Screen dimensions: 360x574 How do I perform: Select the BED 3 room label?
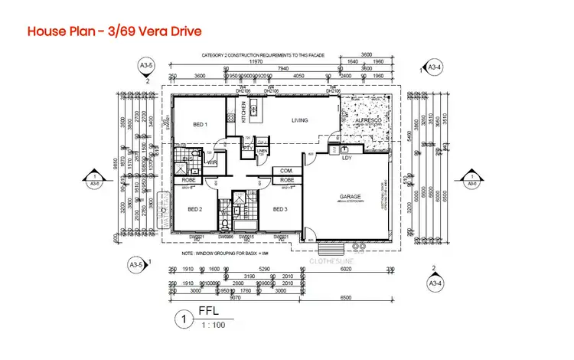pyautogui.click(x=280, y=209)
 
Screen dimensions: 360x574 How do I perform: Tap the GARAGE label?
pyautogui.click(x=350, y=197)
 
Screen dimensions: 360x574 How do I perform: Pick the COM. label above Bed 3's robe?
pyautogui.click(x=266, y=170)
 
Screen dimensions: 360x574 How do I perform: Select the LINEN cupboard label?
pyautogui.click(x=261, y=152)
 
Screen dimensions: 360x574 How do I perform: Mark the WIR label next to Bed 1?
pyautogui.click(x=211, y=162)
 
